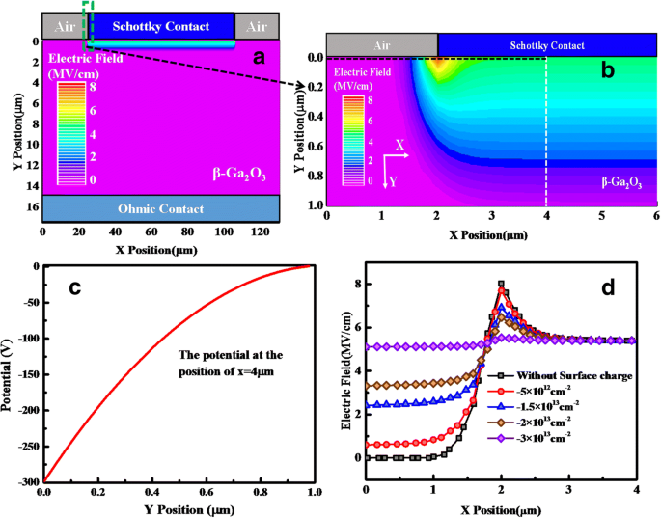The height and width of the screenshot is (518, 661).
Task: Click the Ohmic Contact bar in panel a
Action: click(161, 208)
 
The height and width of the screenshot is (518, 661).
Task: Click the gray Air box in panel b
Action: click(382, 45)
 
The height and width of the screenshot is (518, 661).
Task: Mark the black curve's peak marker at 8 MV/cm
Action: click(501, 284)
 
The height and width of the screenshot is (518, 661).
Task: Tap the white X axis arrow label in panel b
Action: click(399, 144)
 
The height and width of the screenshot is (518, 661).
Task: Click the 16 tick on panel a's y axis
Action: click(33, 206)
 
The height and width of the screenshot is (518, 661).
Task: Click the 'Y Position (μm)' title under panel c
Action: click(177, 509)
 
